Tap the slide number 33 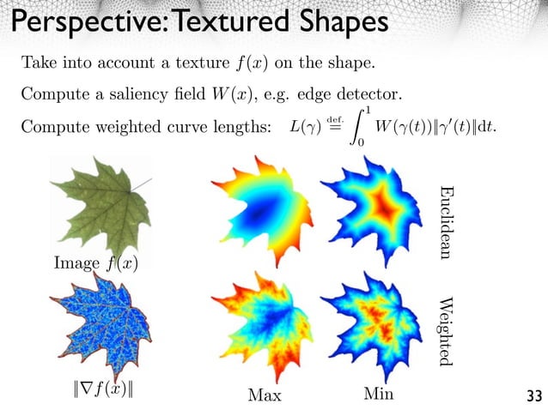pyautogui.click(x=533, y=395)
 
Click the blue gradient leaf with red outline pyautogui.click(x=100, y=334)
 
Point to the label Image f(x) pyautogui.click(x=94, y=265)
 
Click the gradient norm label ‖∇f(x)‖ pyautogui.click(x=106, y=394)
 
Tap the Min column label pyautogui.click(x=379, y=394)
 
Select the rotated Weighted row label pyautogui.click(x=446, y=330)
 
